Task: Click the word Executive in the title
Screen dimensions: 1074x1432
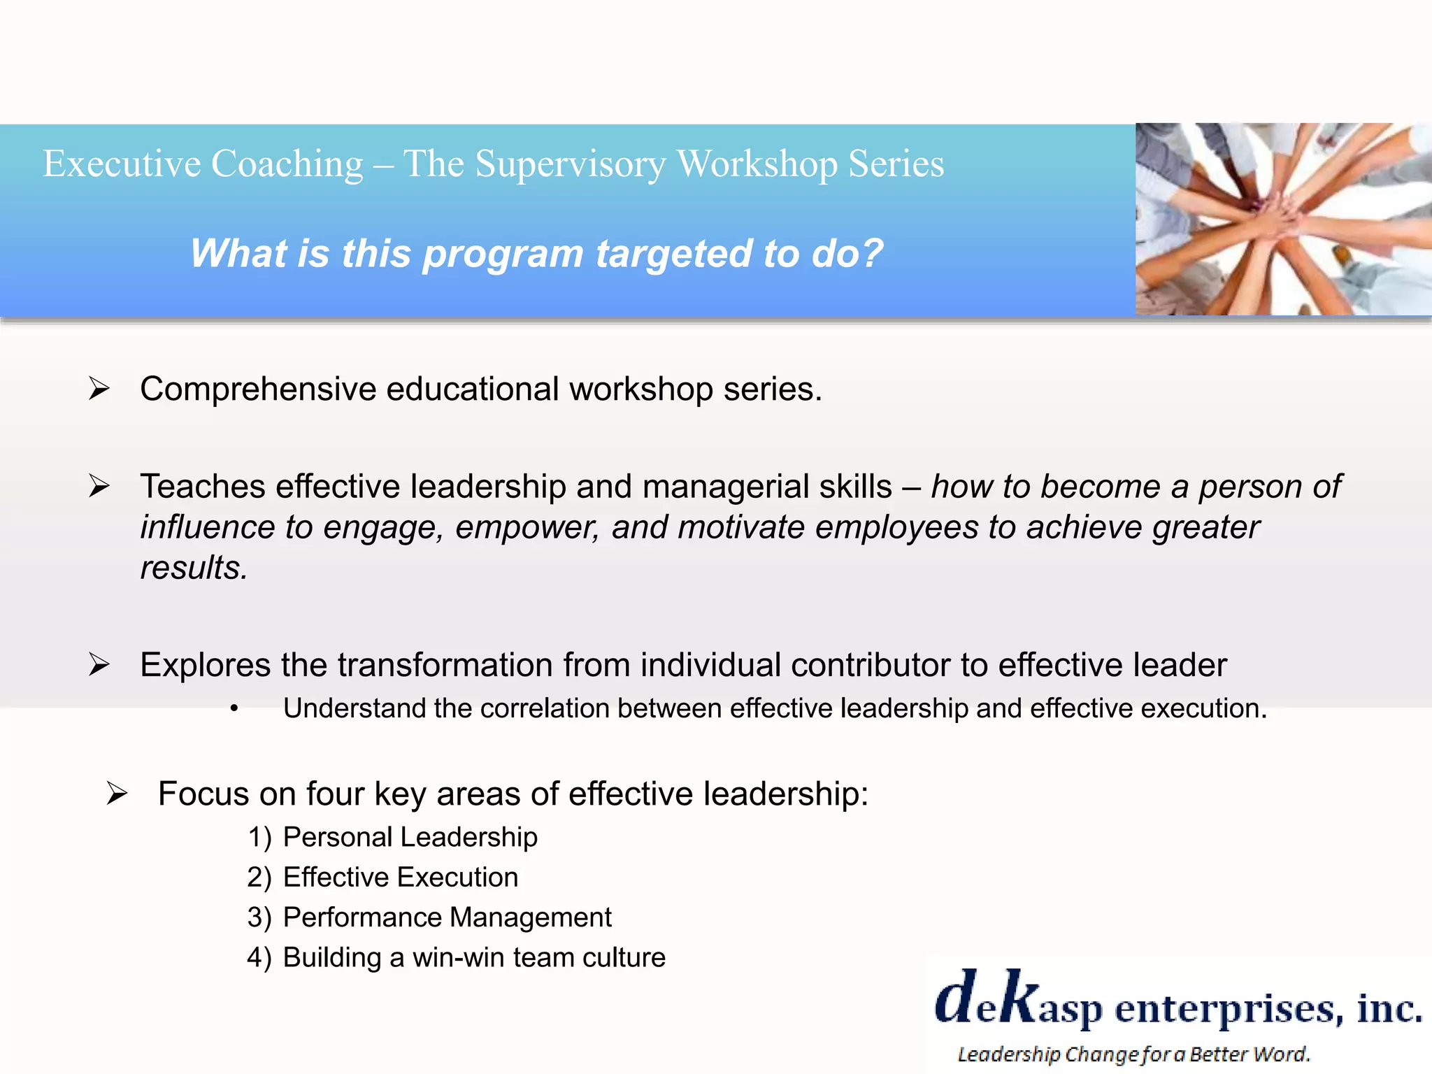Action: point(122,164)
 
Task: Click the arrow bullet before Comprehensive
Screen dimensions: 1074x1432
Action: point(99,389)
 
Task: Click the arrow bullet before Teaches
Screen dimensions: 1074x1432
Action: point(99,486)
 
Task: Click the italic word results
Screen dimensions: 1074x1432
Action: point(194,568)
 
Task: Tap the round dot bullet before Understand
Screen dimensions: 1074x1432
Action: point(234,710)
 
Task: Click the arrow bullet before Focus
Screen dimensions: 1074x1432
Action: point(117,794)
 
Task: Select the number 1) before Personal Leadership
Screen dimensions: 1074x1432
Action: point(259,838)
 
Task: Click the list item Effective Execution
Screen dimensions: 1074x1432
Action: point(400,878)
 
